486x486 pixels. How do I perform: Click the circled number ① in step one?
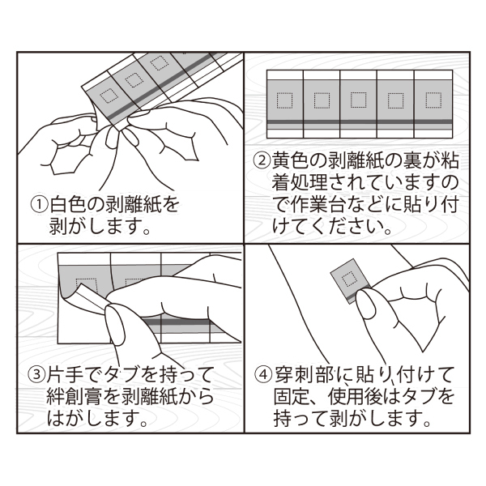(40, 205)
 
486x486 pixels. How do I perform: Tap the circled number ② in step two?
(262, 160)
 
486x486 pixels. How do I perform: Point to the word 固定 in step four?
(291, 397)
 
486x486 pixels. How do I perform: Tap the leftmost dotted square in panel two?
(284, 100)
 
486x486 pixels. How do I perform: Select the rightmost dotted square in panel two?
(433, 100)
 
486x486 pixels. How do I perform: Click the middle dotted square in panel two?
(359, 100)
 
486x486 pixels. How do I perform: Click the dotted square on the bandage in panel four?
(349, 279)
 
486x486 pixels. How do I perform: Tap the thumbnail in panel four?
(367, 306)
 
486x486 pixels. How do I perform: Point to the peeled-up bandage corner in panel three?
(92, 297)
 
